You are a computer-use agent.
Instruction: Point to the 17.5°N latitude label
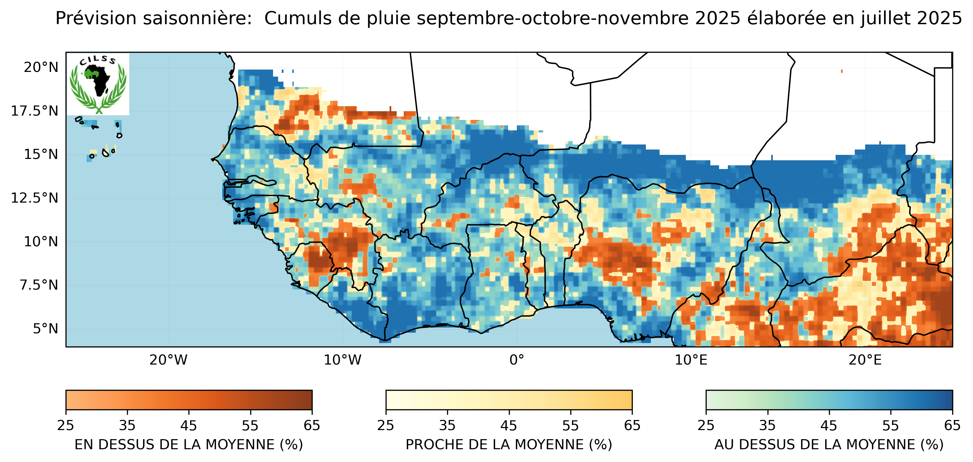pyautogui.click(x=35, y=111)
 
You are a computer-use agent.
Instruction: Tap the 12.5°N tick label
pyautogui.click(x=35, y=198)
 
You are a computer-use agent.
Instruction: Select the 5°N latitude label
pyautogui.click(x=45, y=329)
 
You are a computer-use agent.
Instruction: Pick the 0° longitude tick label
pyautogui.click(x=516, y=360)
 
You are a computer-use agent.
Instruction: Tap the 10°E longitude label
pyautogui.click(x=691, y=360)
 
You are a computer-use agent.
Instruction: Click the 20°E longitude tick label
pyautogui.click(x=865, y=360)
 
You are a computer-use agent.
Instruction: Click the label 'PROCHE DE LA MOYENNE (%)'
pyautogui.click(x=509, y=445)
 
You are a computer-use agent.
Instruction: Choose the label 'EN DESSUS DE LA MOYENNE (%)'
pyautogui.click(x=189, y=445)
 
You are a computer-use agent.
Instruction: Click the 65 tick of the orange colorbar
pyautogui.click(x=312, y=426)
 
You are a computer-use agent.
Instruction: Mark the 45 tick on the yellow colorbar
pyautogui.click(x=508, y=426)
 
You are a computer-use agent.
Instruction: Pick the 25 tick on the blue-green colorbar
pyautogui.click(x=706, y=426)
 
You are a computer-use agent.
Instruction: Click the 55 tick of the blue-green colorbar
pyautogui.click(x=890, y=426)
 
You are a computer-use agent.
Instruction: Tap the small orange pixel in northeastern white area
pyautogui.click(x=842, y=71)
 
